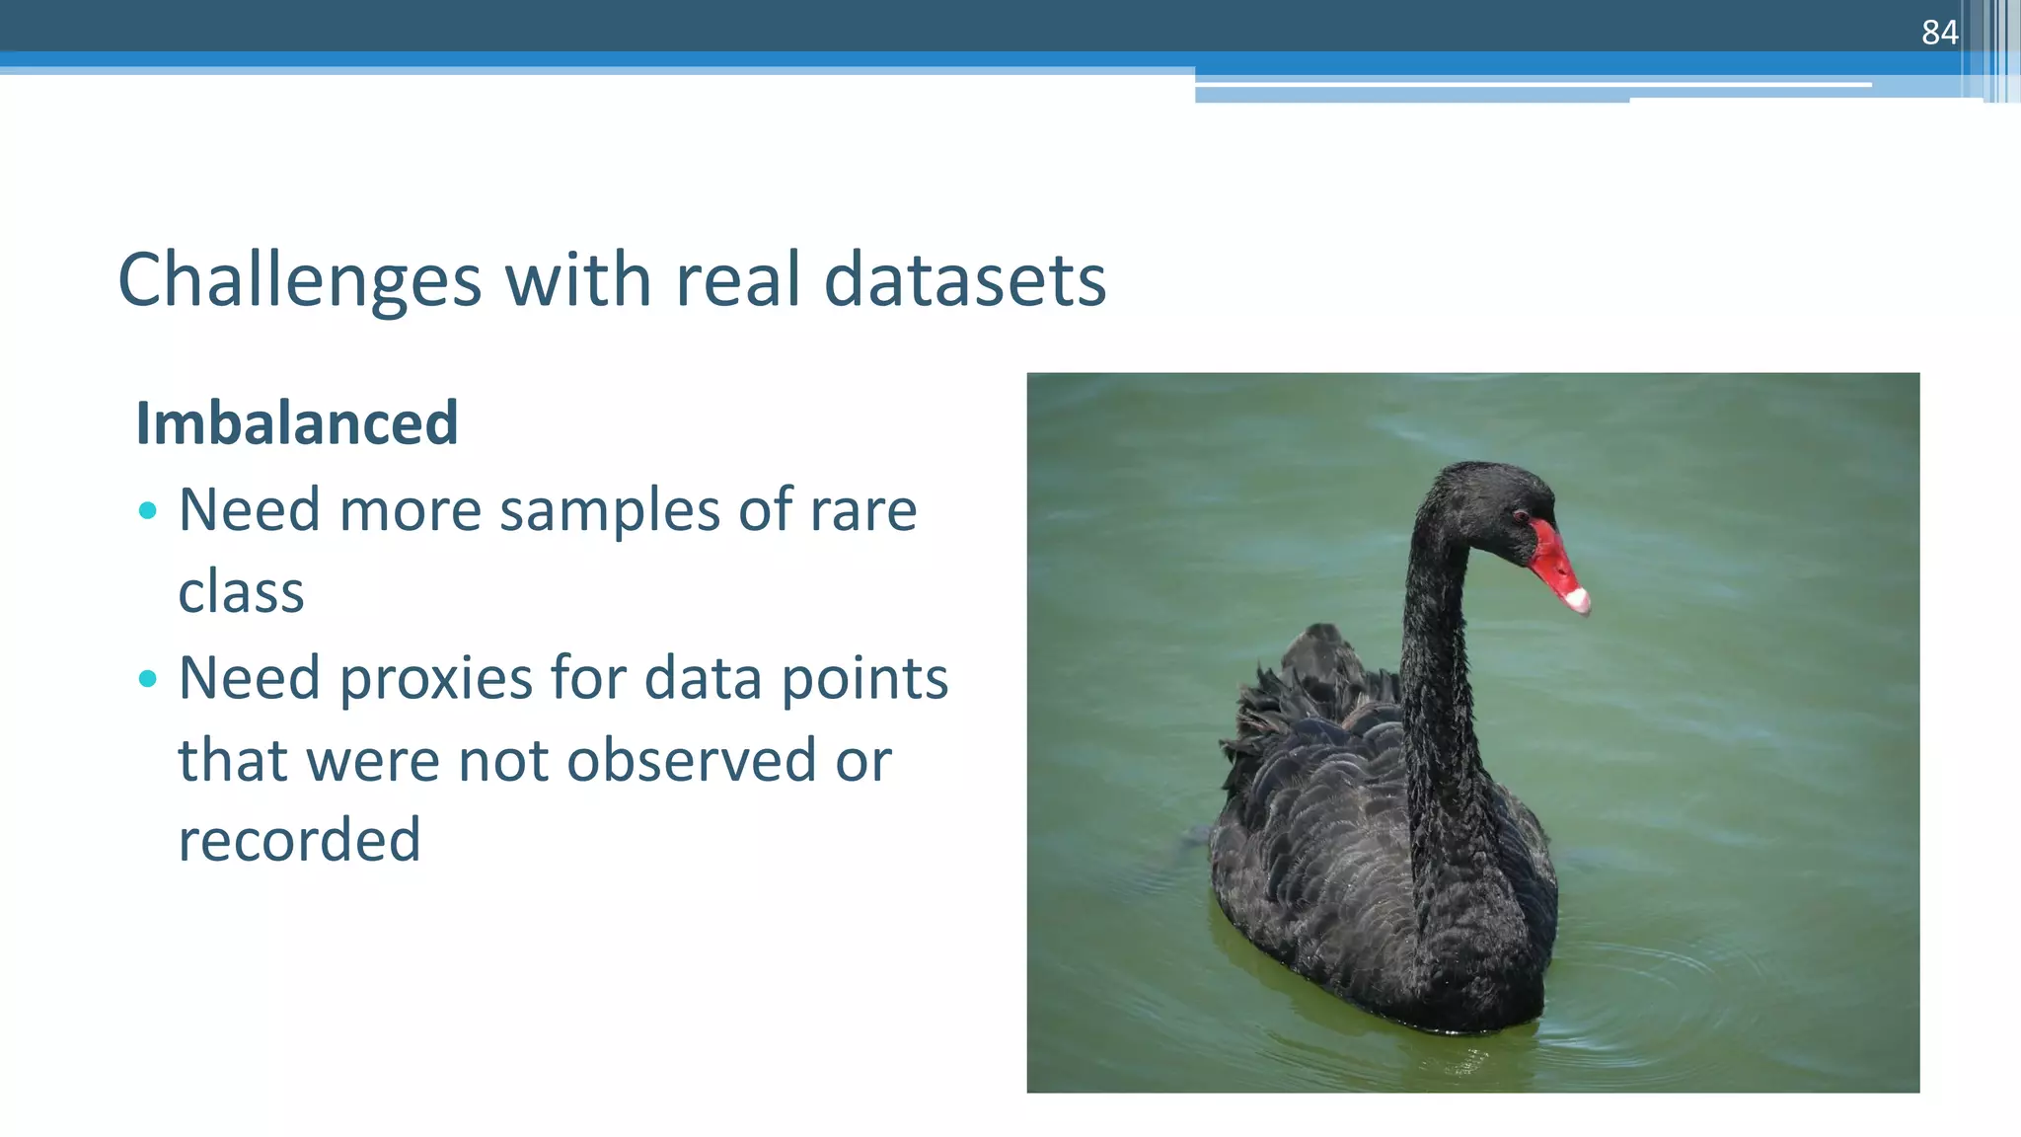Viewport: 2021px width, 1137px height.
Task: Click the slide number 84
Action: coord(1939,33)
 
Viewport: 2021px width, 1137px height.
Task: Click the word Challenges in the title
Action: coord(299,281)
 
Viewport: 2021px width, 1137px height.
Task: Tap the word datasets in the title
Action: coord(964,280)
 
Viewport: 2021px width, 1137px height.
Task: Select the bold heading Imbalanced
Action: coord(297,423)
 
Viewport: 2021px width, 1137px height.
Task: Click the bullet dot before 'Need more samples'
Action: coord(148,510)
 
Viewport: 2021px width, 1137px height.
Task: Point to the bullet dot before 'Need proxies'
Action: coord(148,678)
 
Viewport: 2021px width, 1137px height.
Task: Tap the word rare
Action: coord(863,511)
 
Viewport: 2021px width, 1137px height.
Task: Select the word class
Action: coord(241,592)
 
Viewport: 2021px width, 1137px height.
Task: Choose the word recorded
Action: coord(299,840)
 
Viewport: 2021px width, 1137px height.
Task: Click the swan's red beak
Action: coord(1553,563)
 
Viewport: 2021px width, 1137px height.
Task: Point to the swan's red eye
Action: coord(1520,515)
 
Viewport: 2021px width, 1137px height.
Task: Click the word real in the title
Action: coord(737,280)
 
